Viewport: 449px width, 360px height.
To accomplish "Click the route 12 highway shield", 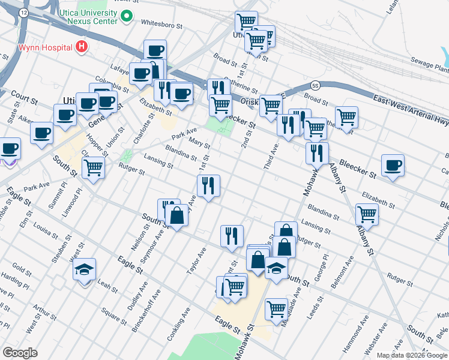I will [23, 12].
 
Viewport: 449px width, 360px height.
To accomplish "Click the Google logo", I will [20, 353].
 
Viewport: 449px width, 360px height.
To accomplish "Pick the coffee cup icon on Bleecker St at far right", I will [393, 165].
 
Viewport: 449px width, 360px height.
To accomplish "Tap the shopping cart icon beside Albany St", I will [367, 214].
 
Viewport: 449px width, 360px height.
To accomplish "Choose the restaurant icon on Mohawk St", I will [317, 153].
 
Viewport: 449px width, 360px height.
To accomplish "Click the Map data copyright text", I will [412, 355].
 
